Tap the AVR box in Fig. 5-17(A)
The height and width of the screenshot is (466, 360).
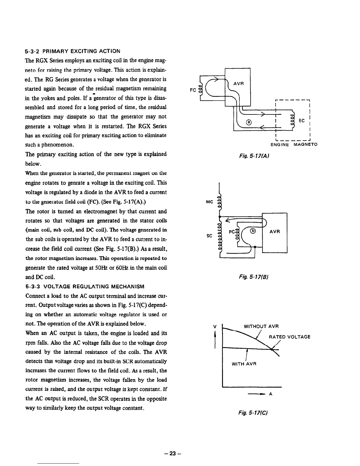(x=237, y=84)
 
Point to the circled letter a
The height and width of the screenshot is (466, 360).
(x=249, y=122)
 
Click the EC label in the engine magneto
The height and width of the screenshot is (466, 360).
(x=301, y=121)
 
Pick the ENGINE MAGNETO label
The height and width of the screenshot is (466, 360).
(x=294, y=144)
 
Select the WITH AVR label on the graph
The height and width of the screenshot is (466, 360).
(x=244, y=364)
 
